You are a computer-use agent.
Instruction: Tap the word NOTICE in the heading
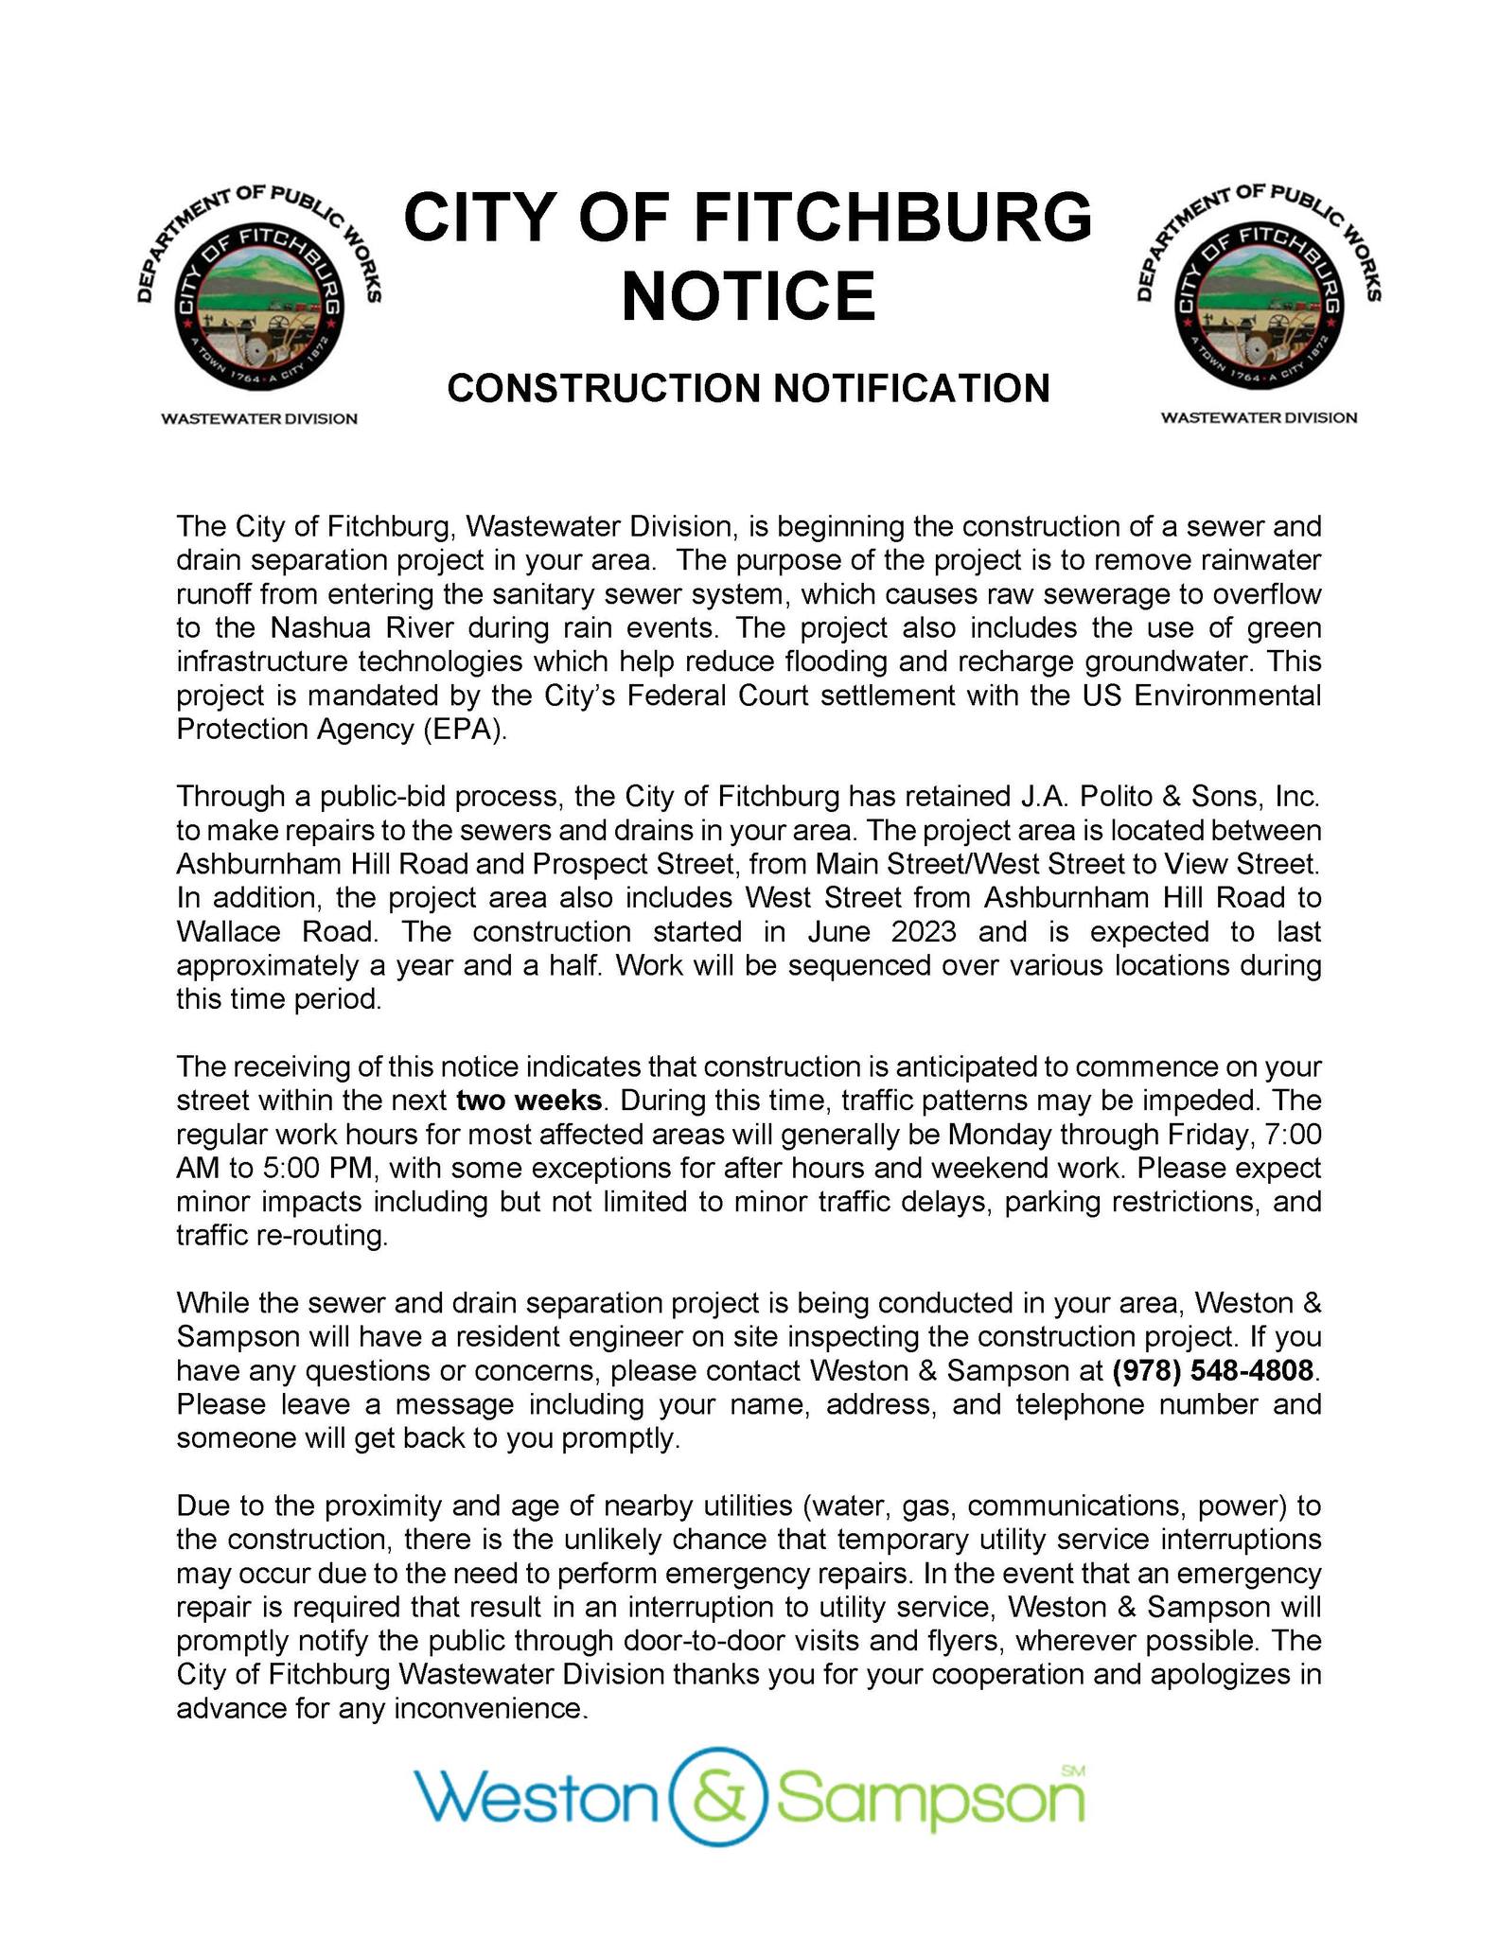pos(748,296)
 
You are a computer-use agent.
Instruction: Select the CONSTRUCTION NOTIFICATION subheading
pos(748,388)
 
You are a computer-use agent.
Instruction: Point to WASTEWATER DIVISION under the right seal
pos(1258,417)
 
